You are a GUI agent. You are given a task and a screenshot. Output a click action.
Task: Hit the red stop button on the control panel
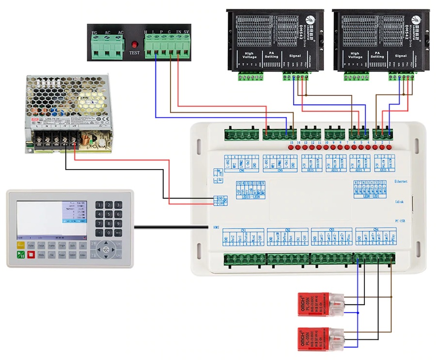31,254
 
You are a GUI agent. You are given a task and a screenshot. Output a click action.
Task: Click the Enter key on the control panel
83,254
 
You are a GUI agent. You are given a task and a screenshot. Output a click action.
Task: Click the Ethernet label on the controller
401,181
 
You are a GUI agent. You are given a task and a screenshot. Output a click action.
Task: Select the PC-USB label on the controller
401,220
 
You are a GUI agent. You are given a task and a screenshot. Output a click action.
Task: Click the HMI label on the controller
216,227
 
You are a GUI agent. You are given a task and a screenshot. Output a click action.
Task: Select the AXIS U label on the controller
311,171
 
